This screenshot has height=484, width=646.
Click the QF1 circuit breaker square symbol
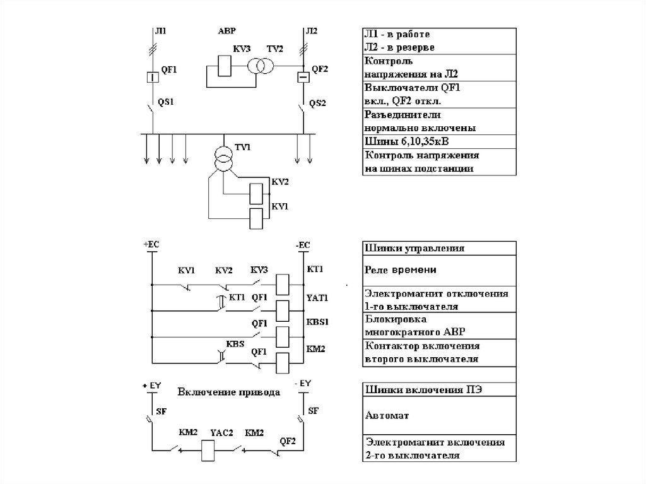(x=152, y=77)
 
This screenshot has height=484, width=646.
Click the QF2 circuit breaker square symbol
(x=303, y=77)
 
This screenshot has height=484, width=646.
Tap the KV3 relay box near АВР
(x=224, y=65)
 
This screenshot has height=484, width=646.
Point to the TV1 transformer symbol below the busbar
(x=222, y=158)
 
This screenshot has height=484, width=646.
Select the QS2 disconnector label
(x=317, y=102)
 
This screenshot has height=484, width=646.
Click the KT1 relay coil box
(x=283, y=281)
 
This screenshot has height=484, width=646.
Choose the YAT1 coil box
(x=283, y=309)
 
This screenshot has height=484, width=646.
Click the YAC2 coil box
(x=208, y=449)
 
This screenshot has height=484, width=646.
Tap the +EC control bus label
(x=153, y=244)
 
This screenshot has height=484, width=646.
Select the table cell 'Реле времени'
(x=438, y=269)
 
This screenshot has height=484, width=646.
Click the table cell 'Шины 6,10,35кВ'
(x=438, y=140)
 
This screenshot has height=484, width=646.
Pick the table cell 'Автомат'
(x=438, y=415)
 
